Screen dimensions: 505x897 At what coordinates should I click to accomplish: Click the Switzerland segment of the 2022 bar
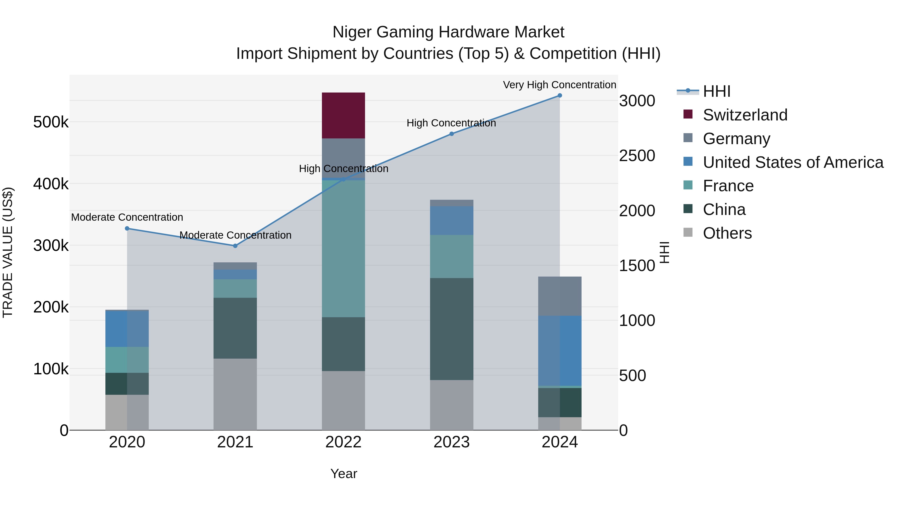(x=343, y=115)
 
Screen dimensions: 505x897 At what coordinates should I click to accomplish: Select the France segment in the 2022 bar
(x=343, y=248)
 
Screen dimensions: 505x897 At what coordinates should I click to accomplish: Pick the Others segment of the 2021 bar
(x=235, y=394)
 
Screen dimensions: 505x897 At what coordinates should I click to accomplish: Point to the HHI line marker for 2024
(x=560, y=96)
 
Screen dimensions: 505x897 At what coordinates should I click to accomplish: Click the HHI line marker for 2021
(x=235, y=246)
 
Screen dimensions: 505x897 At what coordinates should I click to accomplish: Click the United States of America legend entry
(x=793, y=162)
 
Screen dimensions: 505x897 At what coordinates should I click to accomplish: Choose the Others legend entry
(x=727, y=233)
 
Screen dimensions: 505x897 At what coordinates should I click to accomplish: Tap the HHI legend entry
(x=716, y=91)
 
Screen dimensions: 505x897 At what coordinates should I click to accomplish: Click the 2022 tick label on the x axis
(x=343, y=442)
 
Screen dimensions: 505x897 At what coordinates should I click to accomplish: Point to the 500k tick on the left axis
(x=51, y=122)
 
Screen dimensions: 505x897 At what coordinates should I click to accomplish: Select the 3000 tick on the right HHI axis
(x=637, y=101)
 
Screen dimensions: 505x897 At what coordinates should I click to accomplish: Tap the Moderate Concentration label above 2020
(x=127, y=217)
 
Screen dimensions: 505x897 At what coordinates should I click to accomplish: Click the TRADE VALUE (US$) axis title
(x=8, y=252)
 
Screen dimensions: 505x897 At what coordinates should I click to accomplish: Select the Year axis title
(x=343, y=474)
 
